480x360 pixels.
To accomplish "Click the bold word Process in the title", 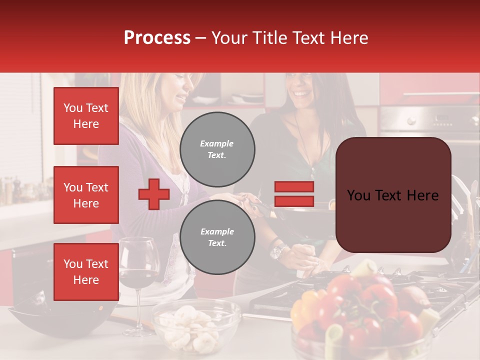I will (x=157, y=38).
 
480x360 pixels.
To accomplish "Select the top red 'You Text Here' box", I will (x=86, y=116).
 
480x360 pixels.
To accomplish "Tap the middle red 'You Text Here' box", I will (x=86, y=195).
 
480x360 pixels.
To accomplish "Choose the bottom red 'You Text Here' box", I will (x=86, y=271).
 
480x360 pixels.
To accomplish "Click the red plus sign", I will (x=153, y=194).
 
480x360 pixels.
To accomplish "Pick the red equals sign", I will (x=294, y=194).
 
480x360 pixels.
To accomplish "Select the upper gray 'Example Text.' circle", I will (x=217, y=149).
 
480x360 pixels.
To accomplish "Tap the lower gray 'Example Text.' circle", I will (x=217, y=237).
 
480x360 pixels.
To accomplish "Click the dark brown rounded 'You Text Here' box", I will (x=393, y=195).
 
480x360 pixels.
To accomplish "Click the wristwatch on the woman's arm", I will (x=277, y=251).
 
